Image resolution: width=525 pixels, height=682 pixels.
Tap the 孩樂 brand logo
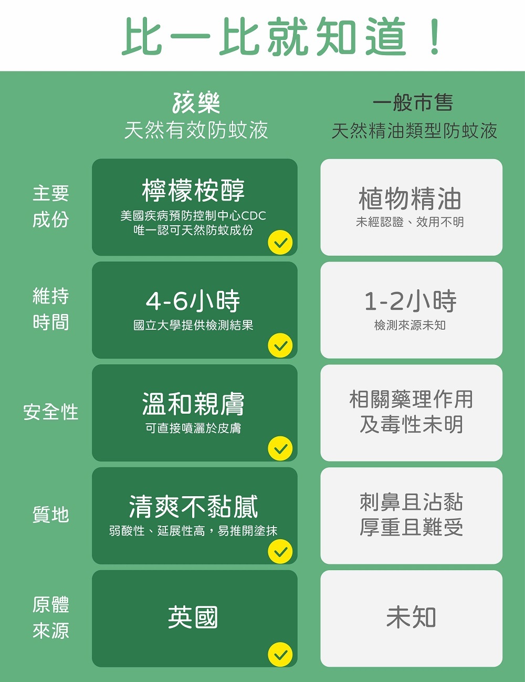(x=196, y=102)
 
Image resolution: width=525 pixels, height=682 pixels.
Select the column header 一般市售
(x=413, y=102)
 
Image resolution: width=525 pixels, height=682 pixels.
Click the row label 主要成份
(x=51, y=206)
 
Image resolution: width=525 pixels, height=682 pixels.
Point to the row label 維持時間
(x=51, y=309)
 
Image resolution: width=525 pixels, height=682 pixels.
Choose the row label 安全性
(x=51, y=412)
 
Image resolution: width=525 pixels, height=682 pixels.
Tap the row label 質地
(x=51, y=515)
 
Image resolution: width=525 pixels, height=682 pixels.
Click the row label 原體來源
(x=51, y=617)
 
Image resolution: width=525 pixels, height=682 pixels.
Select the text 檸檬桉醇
(x=194, y=190)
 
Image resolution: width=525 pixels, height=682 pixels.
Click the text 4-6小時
(x=193, y=301)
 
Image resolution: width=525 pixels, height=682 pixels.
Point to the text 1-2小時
(x=411, y=301)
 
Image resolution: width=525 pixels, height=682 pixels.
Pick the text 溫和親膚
(x=194, y=404)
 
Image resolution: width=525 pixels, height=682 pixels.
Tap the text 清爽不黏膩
(x=194, y=507)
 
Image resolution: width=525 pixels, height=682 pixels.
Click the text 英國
(x=193, y=617)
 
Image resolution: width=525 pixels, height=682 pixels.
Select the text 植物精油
(x=411, y=199)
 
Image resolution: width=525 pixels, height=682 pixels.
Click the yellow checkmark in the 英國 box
(x=280, y=654)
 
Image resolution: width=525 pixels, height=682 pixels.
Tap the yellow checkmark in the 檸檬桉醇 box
(x=280, y=243)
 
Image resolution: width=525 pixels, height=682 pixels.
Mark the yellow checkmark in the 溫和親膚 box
(x=280, y=448)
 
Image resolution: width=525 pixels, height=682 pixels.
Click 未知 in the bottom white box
(x=411, y=617)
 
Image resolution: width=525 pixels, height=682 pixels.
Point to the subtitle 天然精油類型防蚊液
(x=414, y=131)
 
